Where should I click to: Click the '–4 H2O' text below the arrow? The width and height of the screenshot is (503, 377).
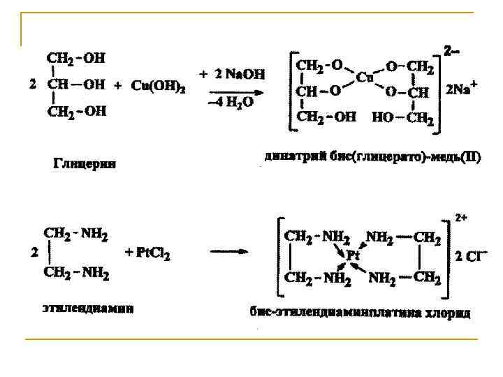click(230, 103)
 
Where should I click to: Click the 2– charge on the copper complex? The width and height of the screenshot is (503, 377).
click(452, 50)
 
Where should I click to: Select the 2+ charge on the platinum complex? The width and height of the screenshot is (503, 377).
click(462, 218)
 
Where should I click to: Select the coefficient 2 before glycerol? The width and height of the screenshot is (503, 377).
click(31, 84)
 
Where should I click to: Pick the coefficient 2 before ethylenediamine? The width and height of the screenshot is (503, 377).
click(34, 253)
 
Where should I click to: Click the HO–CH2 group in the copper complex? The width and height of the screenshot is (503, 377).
click(403, 119)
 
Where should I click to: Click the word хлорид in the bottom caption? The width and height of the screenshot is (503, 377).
click(446, 313)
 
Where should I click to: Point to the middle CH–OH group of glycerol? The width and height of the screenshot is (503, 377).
click(76, 84)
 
